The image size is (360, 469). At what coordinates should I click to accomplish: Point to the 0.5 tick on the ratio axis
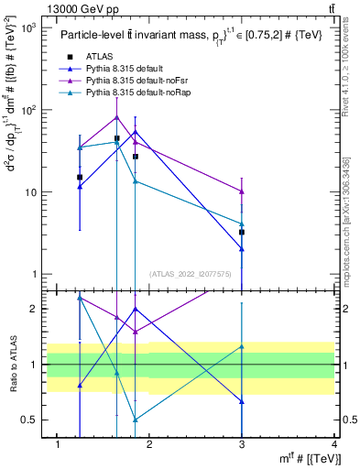click(x=33, y=420)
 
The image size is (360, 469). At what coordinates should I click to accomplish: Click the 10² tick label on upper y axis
click(x=29, y=110)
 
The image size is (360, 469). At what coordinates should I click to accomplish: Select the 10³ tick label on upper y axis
click(x=29, y=28)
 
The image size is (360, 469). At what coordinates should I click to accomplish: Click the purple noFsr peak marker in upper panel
click(x=116, y=116)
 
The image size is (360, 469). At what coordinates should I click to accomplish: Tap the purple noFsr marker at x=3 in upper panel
click(x=242, y=191)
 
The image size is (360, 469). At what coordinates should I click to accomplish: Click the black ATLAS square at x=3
click(x=242, y=233)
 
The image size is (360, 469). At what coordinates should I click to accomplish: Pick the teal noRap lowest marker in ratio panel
click(x=136, y=420)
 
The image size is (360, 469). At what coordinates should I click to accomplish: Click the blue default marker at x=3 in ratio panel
click(x=242, y=402)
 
